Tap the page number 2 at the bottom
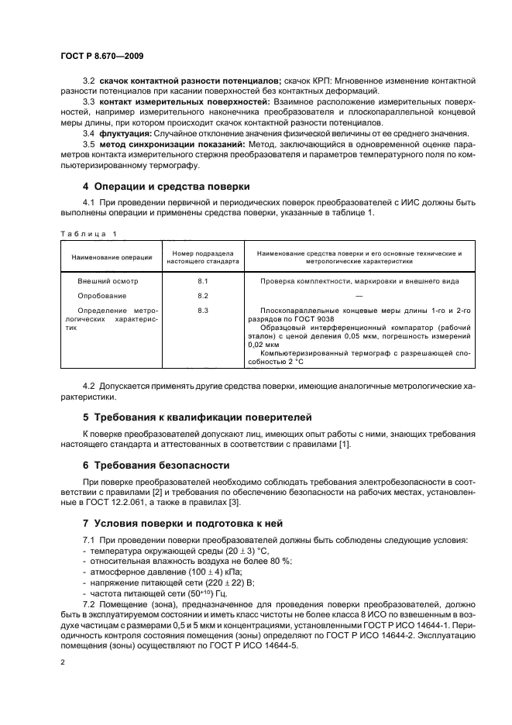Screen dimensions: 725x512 [x=63, y=662]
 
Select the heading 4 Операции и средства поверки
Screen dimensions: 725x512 [x=166, y=186]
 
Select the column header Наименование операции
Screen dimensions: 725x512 [x=111, y=257]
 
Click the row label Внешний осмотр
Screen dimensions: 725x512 [x=105, y=281]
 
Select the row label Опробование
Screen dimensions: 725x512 [x=101, y=296]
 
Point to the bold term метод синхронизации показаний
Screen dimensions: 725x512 [x=166, y=144]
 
